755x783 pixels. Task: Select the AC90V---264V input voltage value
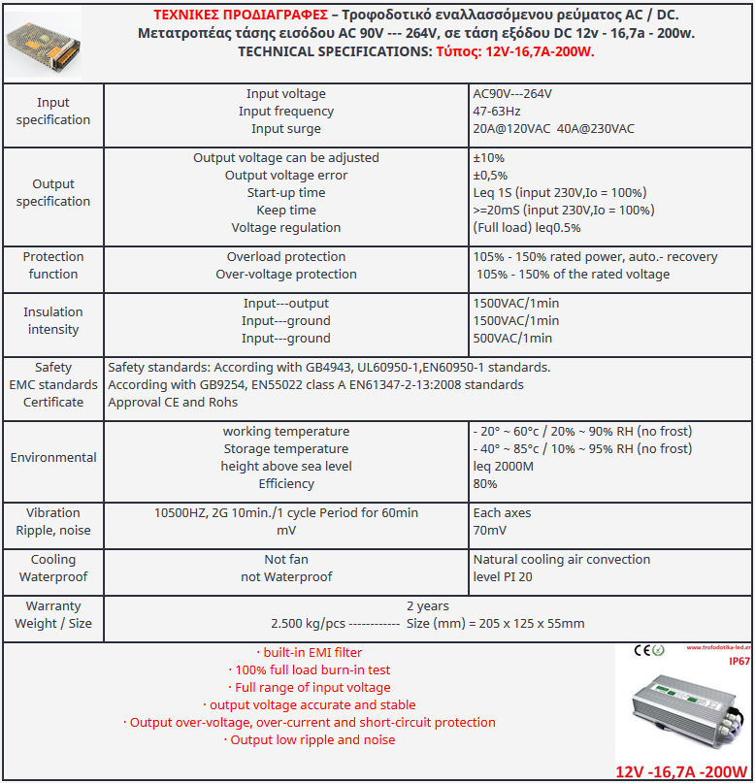(x=512, y=94)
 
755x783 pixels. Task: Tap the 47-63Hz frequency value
(x=497, y=112)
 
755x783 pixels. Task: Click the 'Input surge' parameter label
(x=285, y=129)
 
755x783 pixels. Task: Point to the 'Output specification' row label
(x=53, y=192)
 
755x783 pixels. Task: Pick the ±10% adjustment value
(x=488, y=158)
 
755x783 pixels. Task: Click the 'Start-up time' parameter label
(x=285, y=193)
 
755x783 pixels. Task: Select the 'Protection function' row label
(x=53, y=265)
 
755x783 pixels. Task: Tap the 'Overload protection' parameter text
(x=285, y=257)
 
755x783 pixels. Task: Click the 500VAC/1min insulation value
(x=512, y=339)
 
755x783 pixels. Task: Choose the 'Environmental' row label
(x=53, y=458)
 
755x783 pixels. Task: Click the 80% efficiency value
(x=485, y=484)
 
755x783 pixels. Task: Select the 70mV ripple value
(x=489, y=531)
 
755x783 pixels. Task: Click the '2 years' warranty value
(x=427, y=606)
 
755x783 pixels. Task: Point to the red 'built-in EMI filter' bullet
(x=309, y=653)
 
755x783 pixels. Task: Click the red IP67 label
(x=739, y=662)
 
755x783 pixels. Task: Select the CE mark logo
(x=641, y=650)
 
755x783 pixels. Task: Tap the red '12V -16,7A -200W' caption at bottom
(x=681, y=772)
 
